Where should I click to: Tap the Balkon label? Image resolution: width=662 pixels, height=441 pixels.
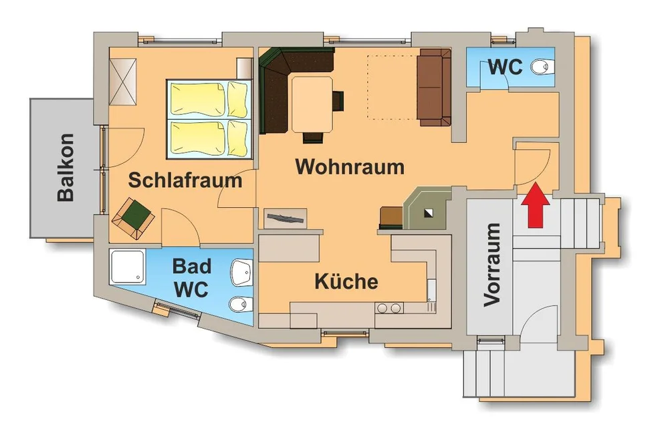(x=66, y=168)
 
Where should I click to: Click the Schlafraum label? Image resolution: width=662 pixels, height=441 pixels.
(x=185, y=180)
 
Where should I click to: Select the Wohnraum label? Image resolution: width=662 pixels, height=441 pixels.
(x=350, y=166)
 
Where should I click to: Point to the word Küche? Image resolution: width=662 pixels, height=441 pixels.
(x=346, y=281)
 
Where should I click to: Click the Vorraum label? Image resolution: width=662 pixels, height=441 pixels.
(x=492, y=265)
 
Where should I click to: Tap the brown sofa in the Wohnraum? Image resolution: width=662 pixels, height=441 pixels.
(x=434, y=88)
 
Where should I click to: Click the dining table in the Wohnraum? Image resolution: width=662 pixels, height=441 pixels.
(x=312, y=104)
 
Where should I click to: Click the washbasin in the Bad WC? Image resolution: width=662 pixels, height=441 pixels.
(x=242, y=273)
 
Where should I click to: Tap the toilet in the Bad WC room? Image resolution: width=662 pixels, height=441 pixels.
(x=241, y=304)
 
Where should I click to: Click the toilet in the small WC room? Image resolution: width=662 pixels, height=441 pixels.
(x=544, y=67)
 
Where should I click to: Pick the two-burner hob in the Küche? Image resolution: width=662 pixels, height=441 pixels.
(x=389, y=309)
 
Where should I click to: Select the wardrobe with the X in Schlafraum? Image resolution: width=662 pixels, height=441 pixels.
(x=123, y=82)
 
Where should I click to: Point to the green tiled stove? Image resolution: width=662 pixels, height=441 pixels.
(x=427, y=208)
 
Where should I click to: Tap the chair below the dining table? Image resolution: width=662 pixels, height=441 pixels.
(x=313, y=138)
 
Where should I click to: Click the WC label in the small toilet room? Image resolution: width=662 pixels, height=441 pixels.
(x=506, y=67)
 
